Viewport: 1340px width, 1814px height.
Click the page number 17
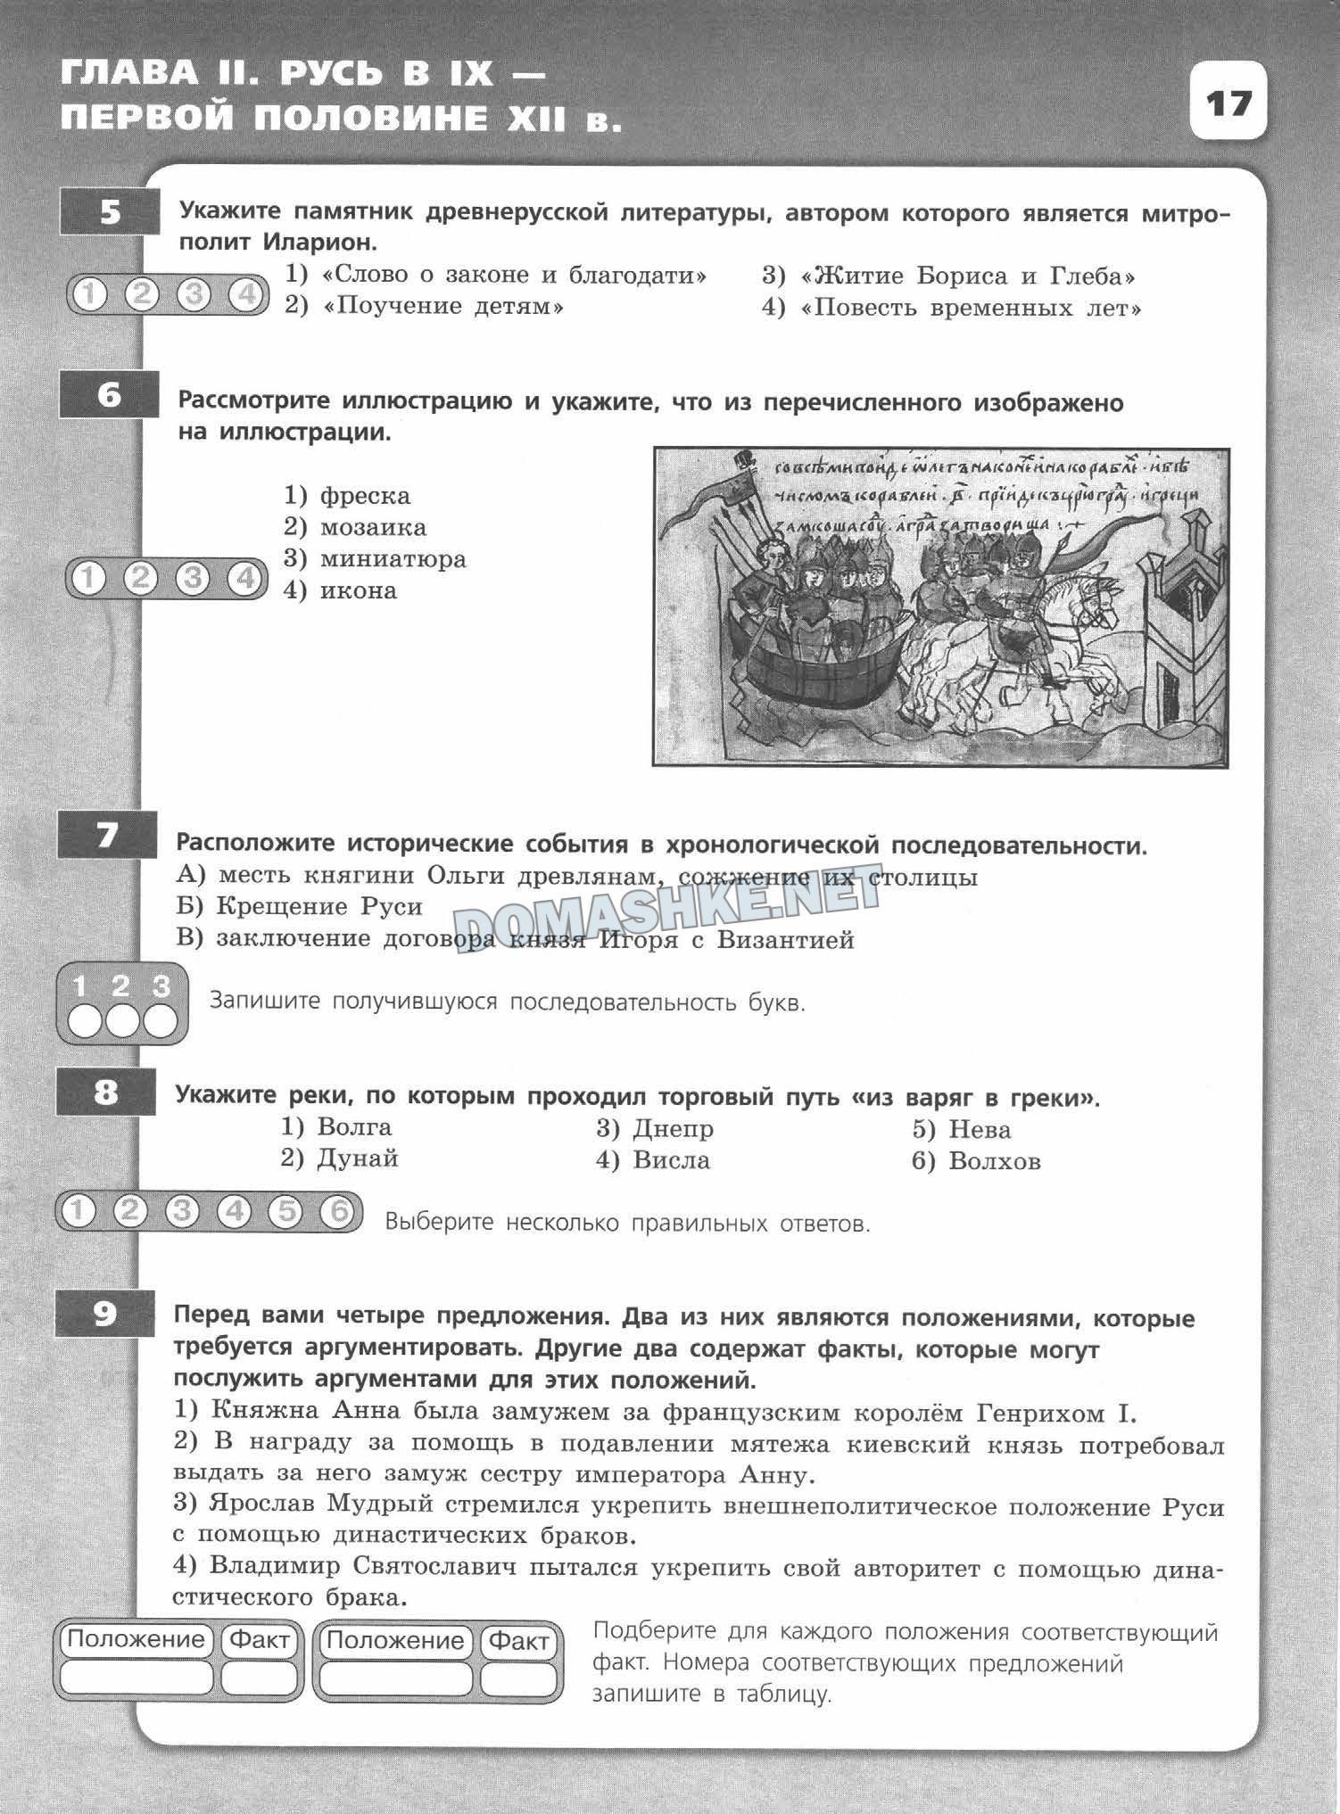point(1228,103)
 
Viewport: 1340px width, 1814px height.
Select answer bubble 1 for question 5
point(88,294)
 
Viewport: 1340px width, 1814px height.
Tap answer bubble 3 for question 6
point(192,579)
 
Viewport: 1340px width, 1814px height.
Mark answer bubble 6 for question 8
point(337,1211)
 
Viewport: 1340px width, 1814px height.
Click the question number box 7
point(107,836)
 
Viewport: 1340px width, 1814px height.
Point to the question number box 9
point(104,1314)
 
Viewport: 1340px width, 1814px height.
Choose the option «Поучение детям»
point(443,307)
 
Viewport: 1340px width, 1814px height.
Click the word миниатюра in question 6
point(393,559)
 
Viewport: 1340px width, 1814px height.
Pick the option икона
point(358,590)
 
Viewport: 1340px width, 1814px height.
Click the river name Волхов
point(995,1161)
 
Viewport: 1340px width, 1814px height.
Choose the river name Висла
point(671,1160)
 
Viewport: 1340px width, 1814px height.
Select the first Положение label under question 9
point(136,1638)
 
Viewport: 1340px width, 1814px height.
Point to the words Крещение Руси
point(318,907)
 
